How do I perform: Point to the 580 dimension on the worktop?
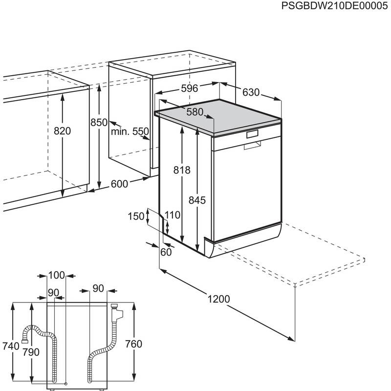(195, 112)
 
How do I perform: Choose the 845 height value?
(197, 200)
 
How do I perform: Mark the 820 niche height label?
(63, 131)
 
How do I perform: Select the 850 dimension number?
(99, 123)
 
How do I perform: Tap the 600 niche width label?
(119, 184)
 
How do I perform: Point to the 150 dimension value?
(137, 216)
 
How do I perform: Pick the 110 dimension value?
(172, 215)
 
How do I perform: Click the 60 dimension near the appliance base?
(166, 252)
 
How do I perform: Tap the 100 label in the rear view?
(57, 275)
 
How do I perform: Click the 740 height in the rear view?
(10, 346)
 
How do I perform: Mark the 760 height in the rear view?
(133, 344)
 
